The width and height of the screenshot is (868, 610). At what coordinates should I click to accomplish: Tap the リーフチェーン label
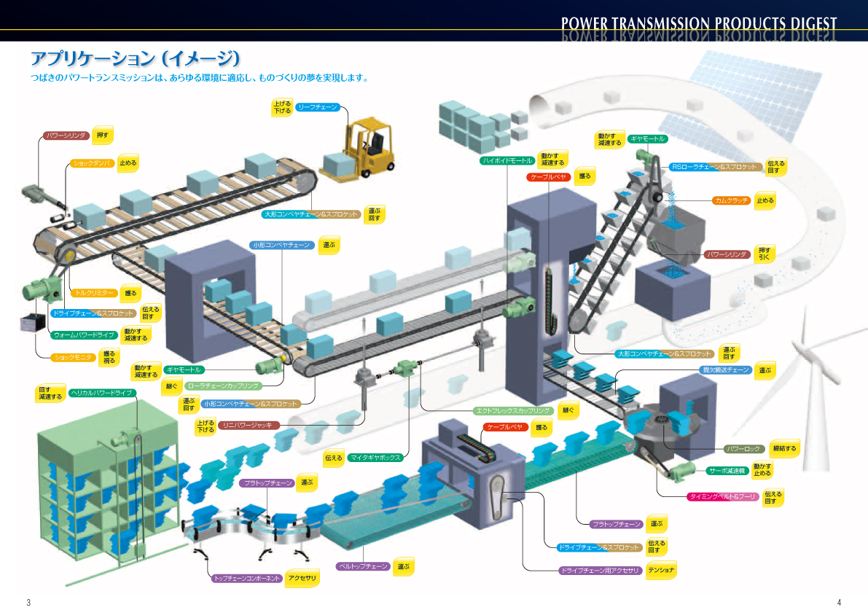[318, 107]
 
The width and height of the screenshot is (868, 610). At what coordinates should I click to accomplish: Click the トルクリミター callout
[95, 293]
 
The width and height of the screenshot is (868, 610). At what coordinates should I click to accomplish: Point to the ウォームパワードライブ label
[85, 335]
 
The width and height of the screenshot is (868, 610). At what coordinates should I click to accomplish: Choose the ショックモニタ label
[75, 357]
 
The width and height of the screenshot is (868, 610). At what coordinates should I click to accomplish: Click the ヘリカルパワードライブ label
[102, 393]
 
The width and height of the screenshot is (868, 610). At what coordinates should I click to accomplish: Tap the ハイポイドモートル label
[507, 160]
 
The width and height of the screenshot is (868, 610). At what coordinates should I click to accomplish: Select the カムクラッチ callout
[732, 200]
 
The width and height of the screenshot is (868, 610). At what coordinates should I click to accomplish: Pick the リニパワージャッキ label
[248, 425]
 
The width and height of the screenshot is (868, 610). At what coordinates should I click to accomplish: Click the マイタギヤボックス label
[375, 458]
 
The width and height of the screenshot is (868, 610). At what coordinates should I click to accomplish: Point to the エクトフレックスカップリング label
[512, 410]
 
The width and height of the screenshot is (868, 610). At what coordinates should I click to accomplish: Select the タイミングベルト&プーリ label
[723, 497]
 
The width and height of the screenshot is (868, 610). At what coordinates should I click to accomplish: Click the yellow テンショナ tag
[662, 570]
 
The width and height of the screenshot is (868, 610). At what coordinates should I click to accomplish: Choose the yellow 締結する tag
[784, 447]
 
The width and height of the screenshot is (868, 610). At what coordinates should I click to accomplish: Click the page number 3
[28, 602]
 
